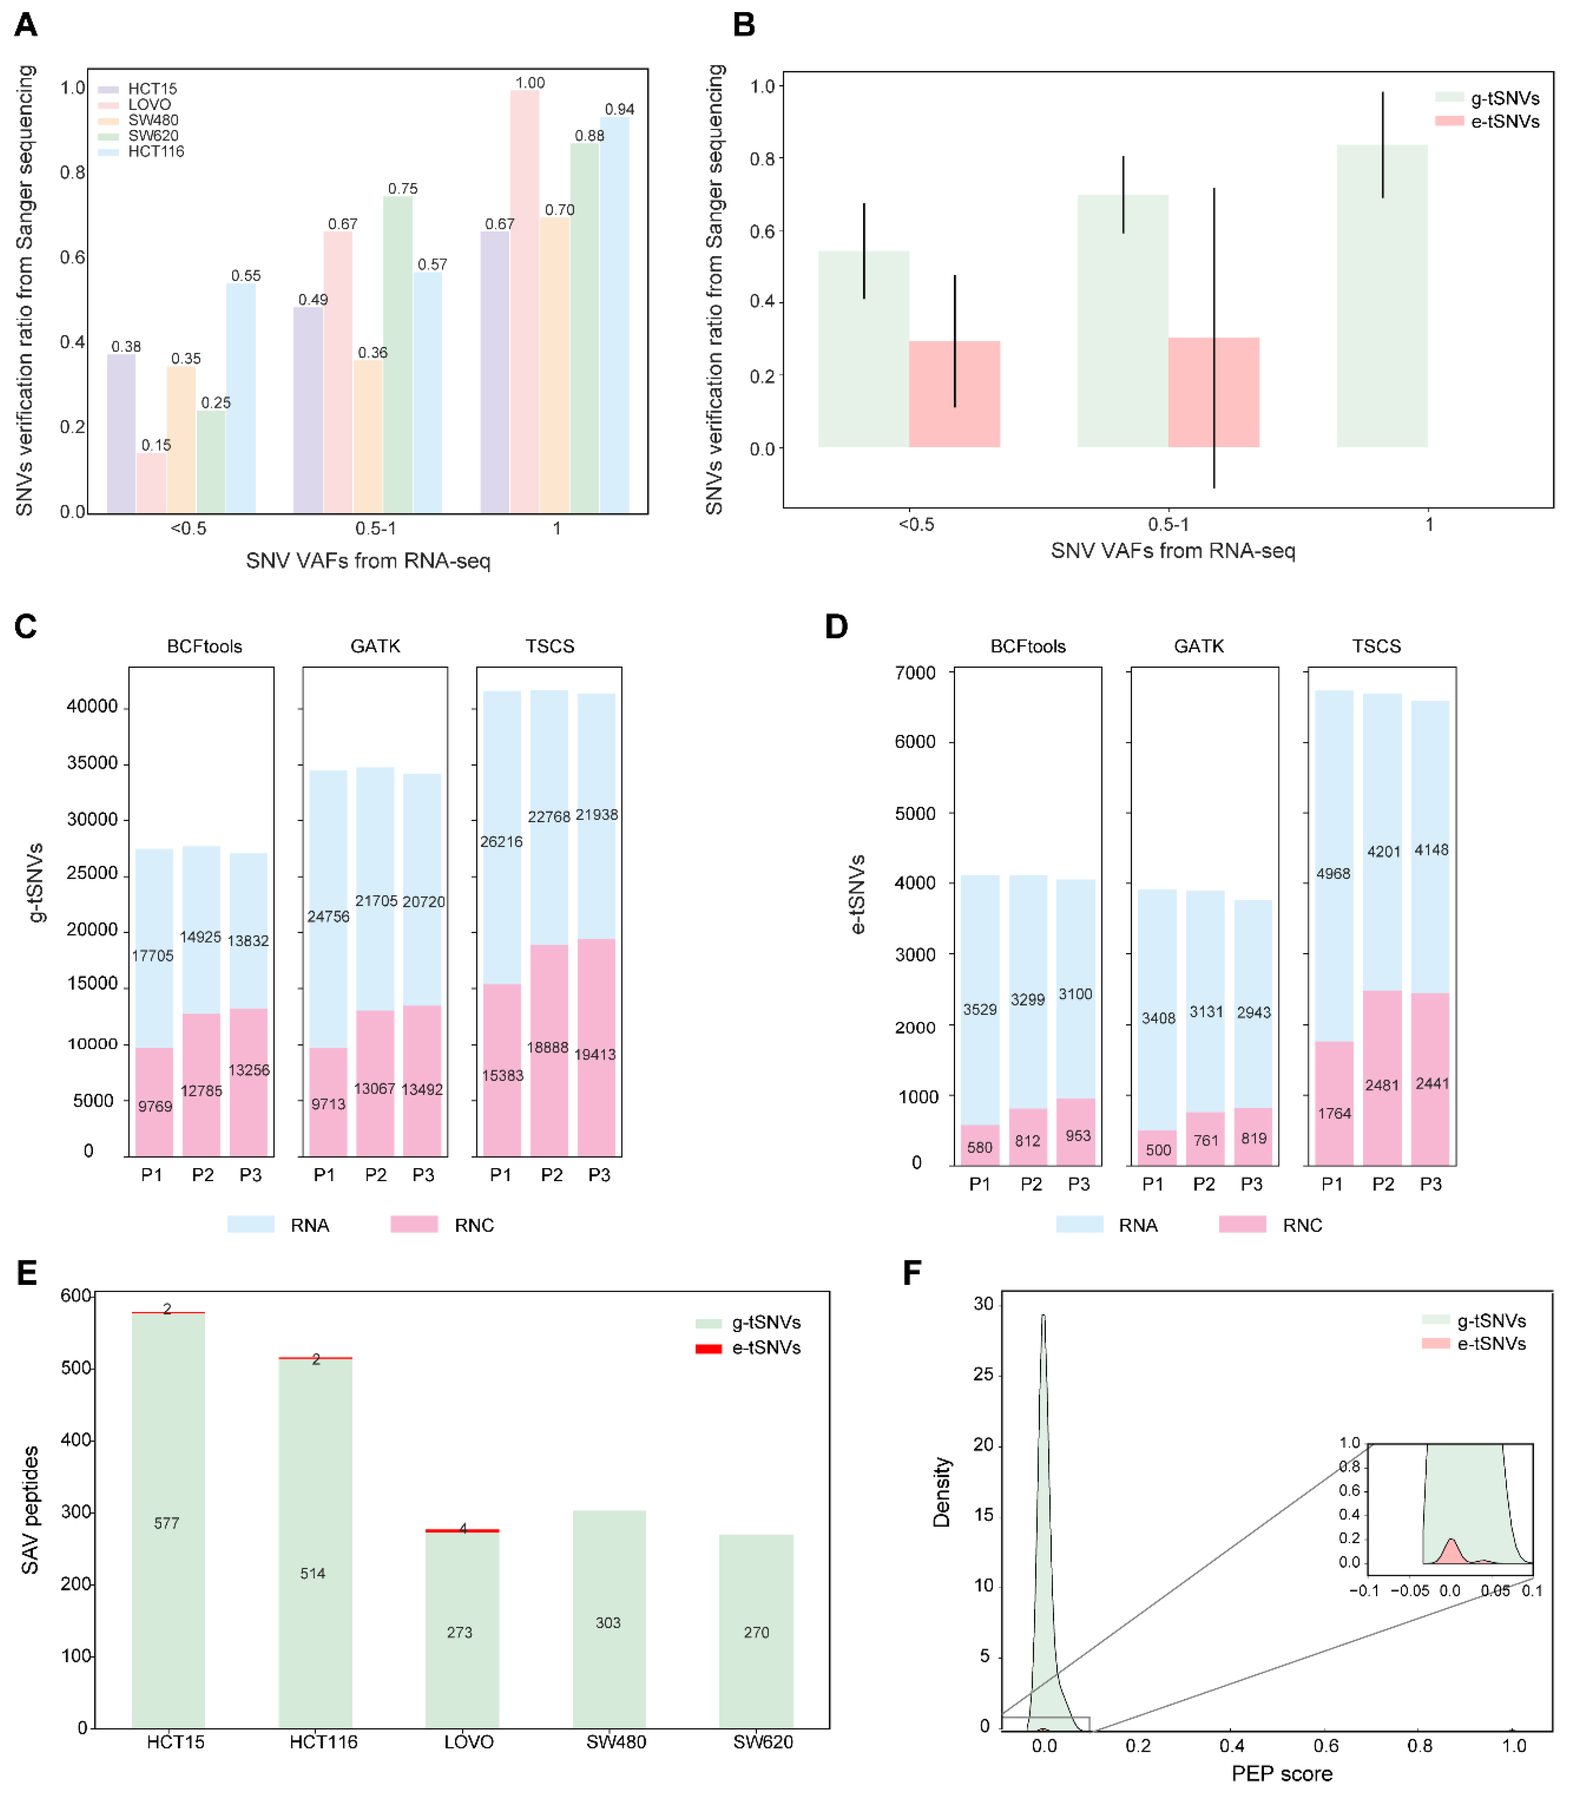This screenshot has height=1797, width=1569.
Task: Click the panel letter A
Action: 26,25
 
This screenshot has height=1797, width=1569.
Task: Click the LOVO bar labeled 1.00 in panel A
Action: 524,302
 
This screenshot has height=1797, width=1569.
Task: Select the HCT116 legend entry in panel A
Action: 155,151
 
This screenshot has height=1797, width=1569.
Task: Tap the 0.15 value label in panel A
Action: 156,445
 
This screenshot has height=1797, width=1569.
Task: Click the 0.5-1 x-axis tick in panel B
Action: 1168,524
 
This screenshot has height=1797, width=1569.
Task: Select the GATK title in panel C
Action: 375,646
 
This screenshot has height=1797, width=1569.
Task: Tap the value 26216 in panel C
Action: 501,841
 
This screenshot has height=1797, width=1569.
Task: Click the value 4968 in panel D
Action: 1333,874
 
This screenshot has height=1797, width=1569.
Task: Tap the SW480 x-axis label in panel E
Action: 616,1742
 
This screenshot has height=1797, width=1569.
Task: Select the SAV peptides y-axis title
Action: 30,1510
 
